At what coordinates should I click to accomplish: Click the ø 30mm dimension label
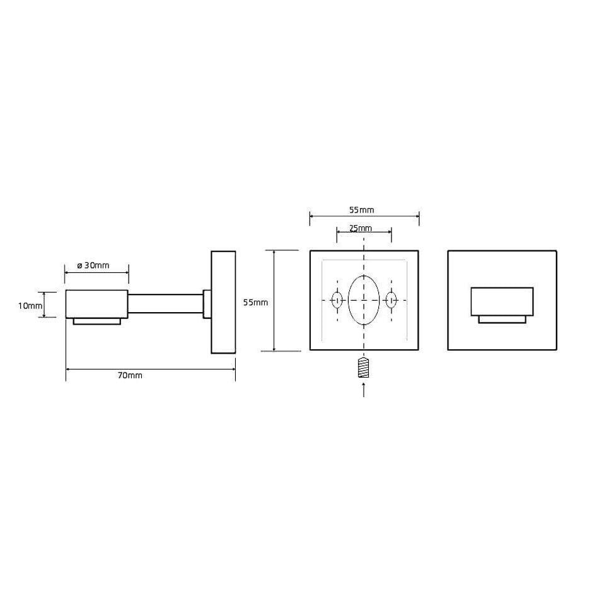93,265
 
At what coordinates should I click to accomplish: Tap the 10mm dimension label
30,306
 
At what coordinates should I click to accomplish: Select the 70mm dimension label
131,376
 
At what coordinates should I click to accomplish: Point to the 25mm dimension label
361,228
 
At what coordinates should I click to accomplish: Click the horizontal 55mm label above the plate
361,210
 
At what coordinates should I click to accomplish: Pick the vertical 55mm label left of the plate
255,303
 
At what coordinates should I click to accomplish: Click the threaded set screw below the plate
364,368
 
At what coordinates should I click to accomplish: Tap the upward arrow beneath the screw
364,389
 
